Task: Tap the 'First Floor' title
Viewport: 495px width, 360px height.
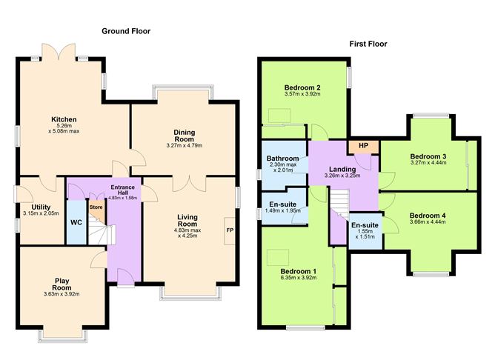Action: [x=368, y=44]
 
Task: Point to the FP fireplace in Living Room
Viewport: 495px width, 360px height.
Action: [x=230, y=230]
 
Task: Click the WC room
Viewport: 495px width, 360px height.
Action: [x=76, y=221]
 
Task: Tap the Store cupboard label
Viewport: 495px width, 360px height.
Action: [x=95, y=207]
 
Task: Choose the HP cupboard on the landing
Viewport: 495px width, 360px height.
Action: [x=363, y=146]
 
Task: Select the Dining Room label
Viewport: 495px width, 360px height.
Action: [x=185, y=136]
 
